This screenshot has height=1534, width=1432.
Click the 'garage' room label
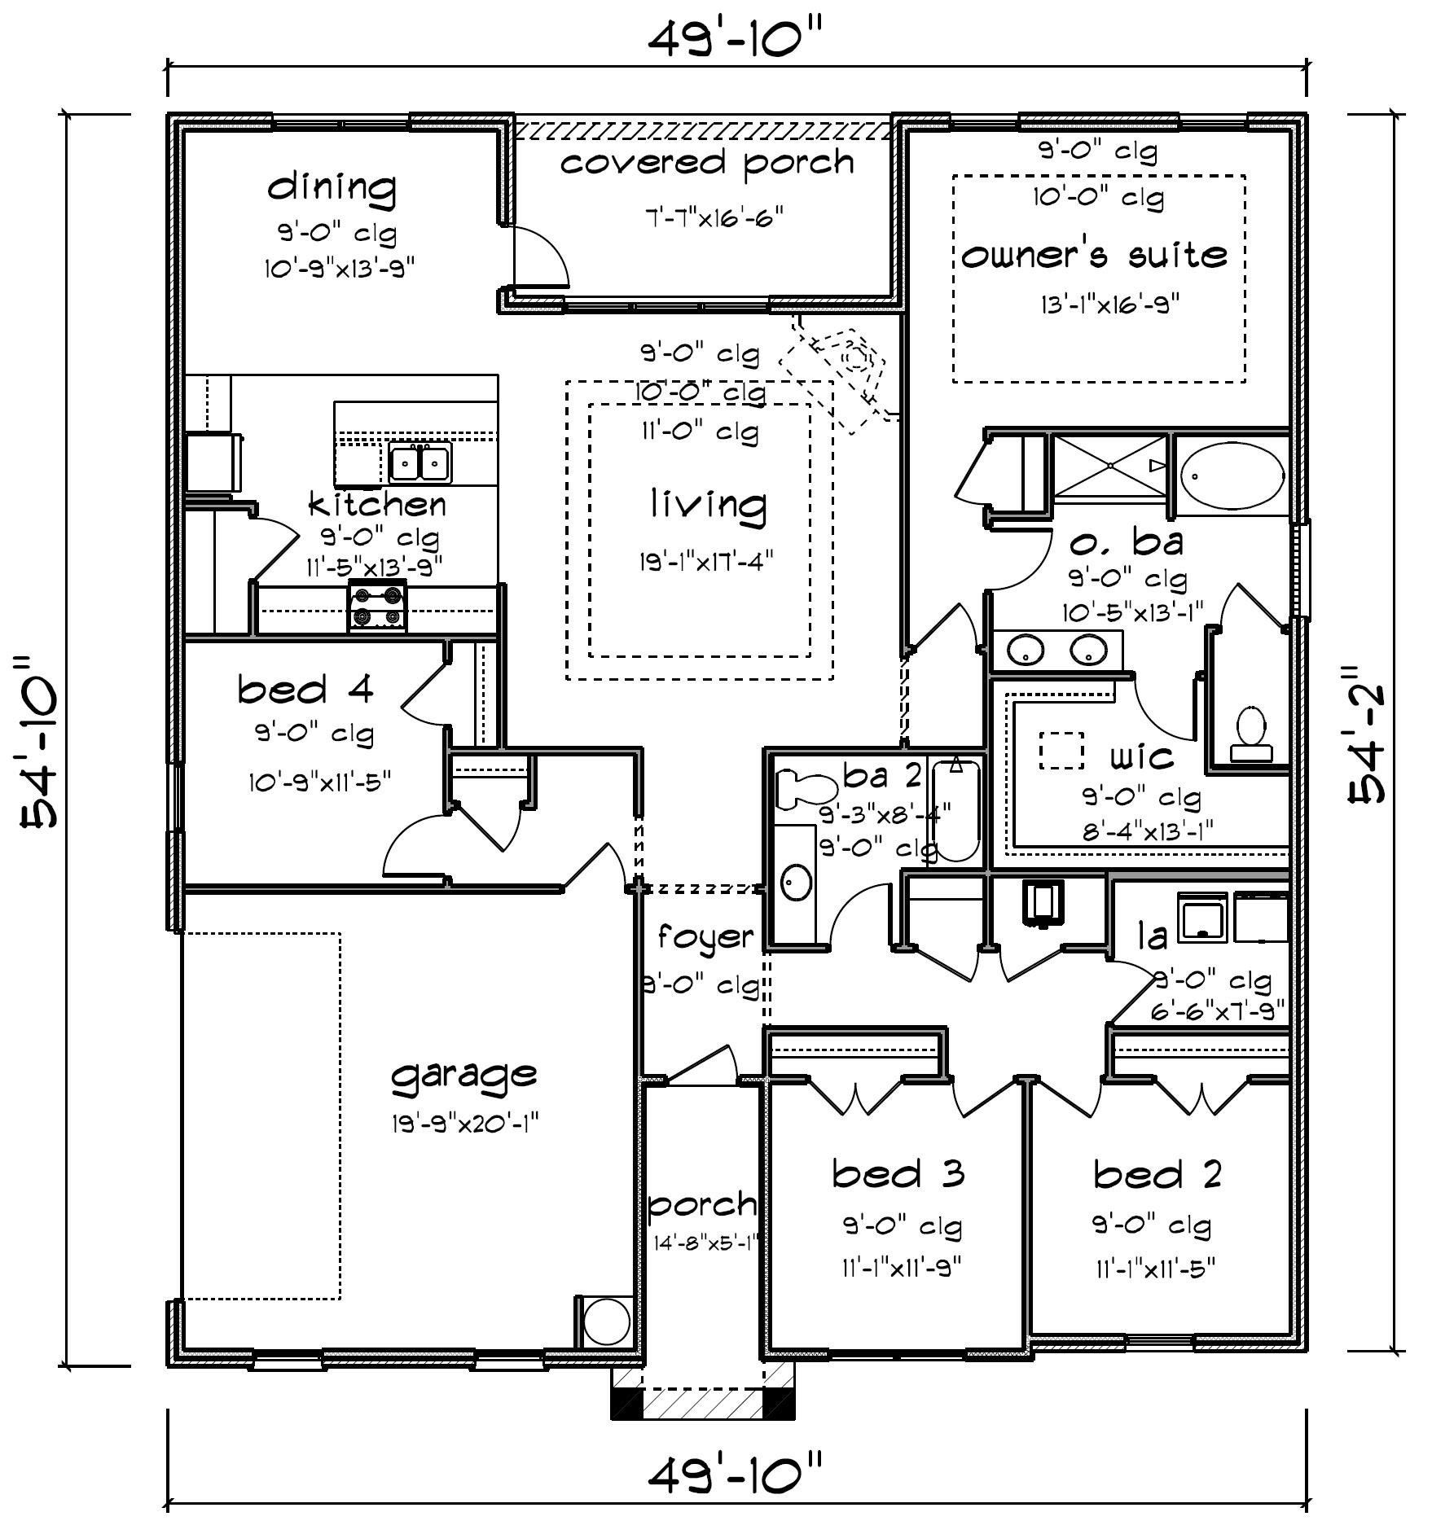point(463,1076)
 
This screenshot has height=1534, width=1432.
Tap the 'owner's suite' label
point(1094,255)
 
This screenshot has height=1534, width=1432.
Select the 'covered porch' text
point(707,163)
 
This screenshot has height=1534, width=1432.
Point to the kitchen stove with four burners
point(377,607)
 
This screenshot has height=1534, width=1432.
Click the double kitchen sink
point(419,463)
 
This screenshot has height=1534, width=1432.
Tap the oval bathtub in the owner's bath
point(1232,474)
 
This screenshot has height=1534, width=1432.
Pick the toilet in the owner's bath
point(1250,734)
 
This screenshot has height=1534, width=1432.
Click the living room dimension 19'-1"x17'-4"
point(705,560)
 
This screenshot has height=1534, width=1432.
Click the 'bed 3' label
point(898,1174)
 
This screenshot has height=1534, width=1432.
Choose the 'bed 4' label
point(305,690)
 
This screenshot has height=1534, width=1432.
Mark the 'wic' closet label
point(1142,757)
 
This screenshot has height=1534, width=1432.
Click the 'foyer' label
point(705,937)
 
